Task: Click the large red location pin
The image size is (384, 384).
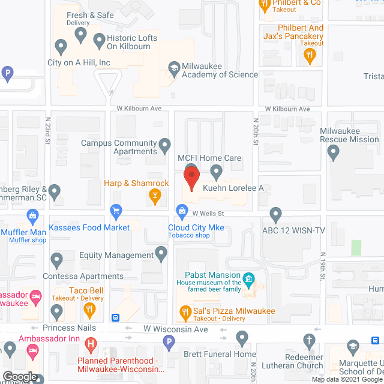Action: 191,179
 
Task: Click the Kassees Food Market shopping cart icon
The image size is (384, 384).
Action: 116,211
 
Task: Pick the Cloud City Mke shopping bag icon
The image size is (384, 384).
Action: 181,211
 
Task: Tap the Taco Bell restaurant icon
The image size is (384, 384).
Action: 89,310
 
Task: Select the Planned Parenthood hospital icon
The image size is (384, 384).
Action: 91,344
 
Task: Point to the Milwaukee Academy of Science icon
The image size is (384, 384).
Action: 174,67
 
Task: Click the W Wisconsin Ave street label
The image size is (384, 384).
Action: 175,329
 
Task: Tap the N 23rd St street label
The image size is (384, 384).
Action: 47,131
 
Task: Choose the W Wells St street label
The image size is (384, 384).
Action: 208,212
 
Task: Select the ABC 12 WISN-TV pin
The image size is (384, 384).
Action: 275,213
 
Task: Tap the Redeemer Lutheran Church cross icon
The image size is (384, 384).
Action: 310,341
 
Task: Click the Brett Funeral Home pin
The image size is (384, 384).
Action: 242,338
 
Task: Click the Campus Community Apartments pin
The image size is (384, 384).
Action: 164,144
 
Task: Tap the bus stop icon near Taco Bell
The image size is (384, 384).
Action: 116,317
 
